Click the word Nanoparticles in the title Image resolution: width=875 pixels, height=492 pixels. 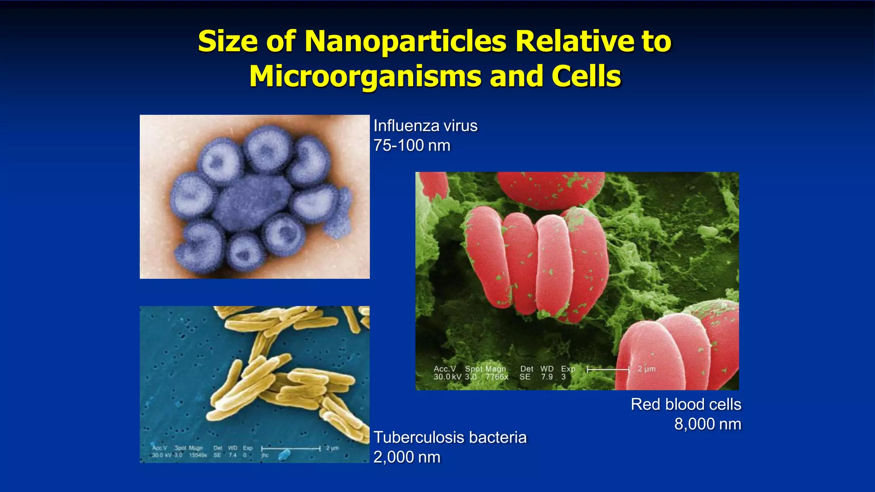click(x=405, y=42)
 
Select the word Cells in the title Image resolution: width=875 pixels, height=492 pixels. click(x=586, y=76)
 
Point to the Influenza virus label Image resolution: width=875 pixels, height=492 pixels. click(x=425, y=126)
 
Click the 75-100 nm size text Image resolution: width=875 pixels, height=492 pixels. click(x=412, y=146)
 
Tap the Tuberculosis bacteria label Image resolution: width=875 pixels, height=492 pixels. click(x=450, y=437)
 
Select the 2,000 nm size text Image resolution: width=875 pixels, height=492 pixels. click(x=407, y=457)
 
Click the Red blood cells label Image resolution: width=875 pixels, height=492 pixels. click(x=686, y=404)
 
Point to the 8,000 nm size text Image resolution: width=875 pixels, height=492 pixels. click(x=708, y=424)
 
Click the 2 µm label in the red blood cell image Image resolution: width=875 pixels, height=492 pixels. click(x=646, y=369)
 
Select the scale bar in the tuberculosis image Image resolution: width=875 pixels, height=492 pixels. click(x=291, y=448)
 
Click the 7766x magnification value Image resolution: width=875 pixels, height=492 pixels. click(x=497, y=377)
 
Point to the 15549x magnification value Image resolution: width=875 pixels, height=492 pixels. click(x=198, y=455)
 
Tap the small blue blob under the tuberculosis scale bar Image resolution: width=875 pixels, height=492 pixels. click(x=283, y=455)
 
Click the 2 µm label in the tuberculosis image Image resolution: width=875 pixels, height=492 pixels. click(x=332, y=448)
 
